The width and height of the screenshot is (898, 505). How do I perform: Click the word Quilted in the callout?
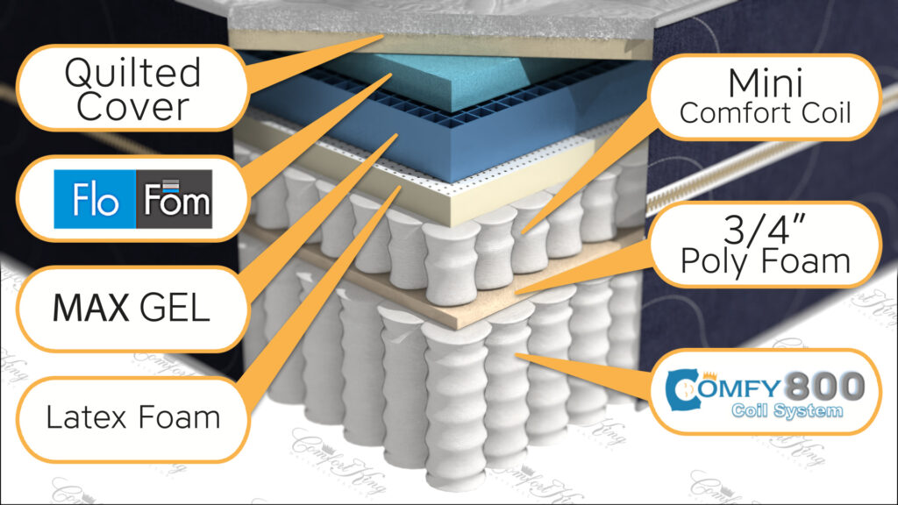[133, 74]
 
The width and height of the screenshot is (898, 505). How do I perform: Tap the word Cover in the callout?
[133, 106]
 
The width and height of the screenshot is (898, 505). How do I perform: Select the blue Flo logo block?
[95, 199]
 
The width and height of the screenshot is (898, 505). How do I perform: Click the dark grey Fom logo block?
[175, 199]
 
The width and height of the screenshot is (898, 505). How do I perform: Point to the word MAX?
[91, 308]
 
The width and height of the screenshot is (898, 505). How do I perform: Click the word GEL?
[175, 308]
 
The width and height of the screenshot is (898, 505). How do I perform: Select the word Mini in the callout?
[765, 83]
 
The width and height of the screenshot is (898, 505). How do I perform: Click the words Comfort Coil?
[765, 113]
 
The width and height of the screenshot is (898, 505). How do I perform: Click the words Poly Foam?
[765, 261]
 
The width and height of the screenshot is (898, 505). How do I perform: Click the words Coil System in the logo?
[787, 410]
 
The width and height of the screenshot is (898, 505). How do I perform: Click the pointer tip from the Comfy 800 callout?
[517, 356]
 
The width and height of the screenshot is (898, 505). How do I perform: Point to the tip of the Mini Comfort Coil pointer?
[523, 232]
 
